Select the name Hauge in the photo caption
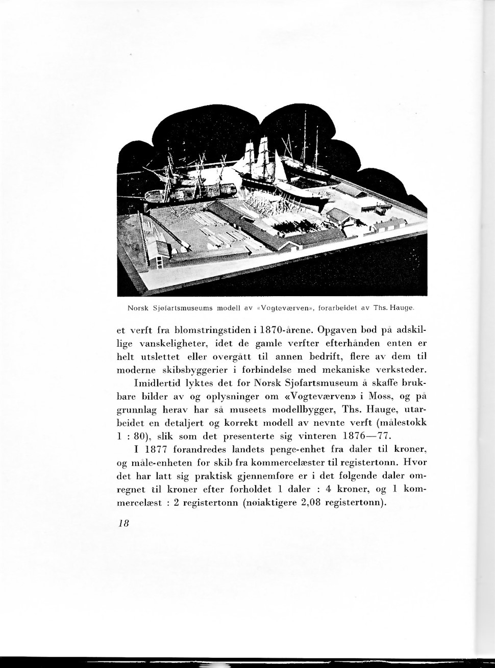(400, 308)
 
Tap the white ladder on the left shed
(160, 263)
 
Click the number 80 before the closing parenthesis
(138, 436)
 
